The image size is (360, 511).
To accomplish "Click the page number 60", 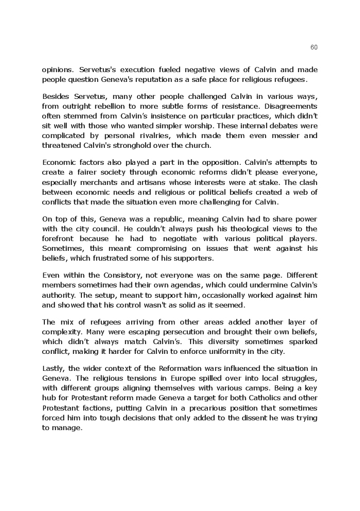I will [314, 47].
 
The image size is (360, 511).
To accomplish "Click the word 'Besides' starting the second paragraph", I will [56, 96].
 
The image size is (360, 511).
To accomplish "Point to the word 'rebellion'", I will [113, 106].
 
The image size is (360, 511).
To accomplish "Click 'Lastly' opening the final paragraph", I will [53, 368].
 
